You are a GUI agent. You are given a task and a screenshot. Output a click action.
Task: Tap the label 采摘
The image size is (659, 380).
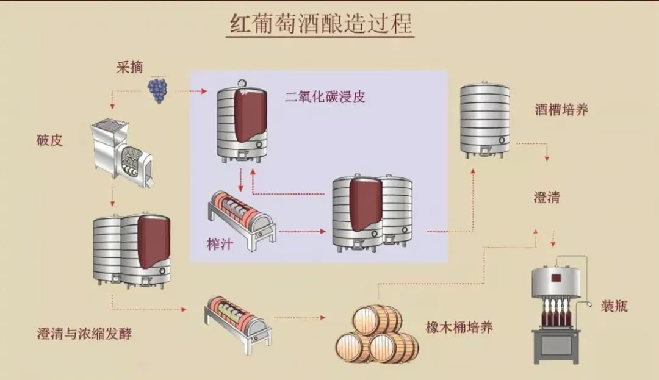[x=129, y=67]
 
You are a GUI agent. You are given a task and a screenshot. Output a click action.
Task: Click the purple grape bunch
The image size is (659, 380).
[x=157, y=90]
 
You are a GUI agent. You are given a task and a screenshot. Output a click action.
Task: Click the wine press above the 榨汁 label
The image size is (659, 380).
[x=240, y=220]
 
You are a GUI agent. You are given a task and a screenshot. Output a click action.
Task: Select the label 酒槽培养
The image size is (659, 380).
[x=561, y=110]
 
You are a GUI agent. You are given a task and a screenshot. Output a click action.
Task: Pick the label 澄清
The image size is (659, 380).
[x=546, y=197]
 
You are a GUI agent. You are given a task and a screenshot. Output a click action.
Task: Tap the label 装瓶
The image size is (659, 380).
[x=614, y=305]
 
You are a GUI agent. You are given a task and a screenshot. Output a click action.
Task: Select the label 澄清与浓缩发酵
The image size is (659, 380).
[x=84, y=334]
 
